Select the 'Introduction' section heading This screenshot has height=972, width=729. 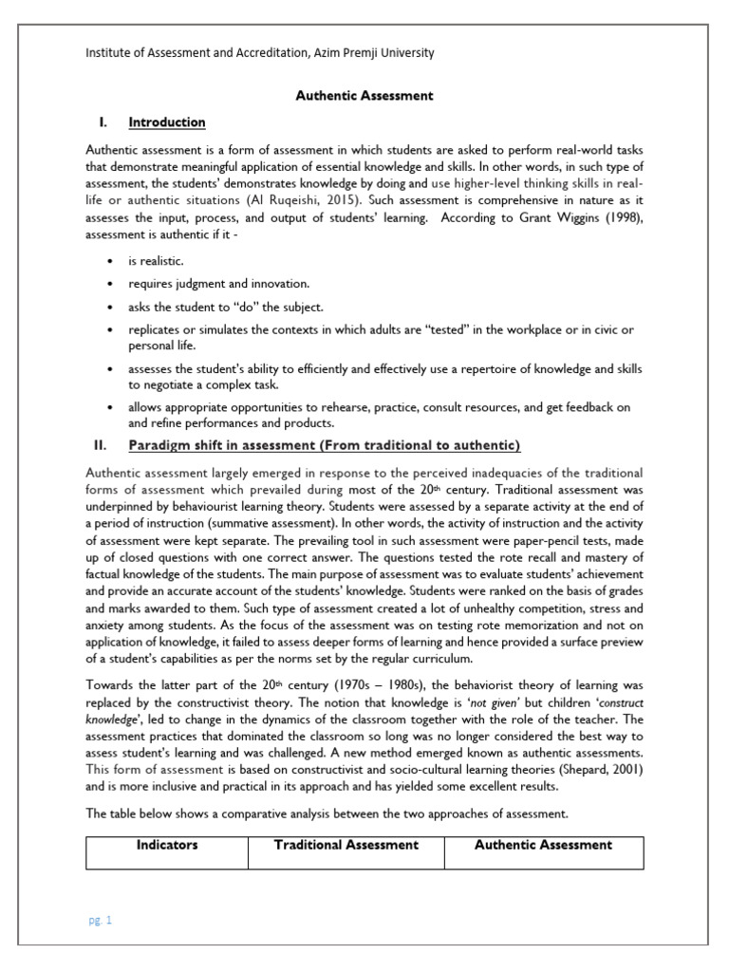pos(167,122)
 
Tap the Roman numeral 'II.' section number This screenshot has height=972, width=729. pos(100,445)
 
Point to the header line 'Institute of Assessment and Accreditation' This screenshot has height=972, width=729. pos(260,53)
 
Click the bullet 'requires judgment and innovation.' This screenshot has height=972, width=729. pos(219,283)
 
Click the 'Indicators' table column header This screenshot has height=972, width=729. pos(167,845)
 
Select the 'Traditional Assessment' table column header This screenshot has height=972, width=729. pos(346,845)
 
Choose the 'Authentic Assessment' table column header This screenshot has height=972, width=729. pos(543,845)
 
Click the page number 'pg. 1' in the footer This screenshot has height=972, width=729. pos(100,920)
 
